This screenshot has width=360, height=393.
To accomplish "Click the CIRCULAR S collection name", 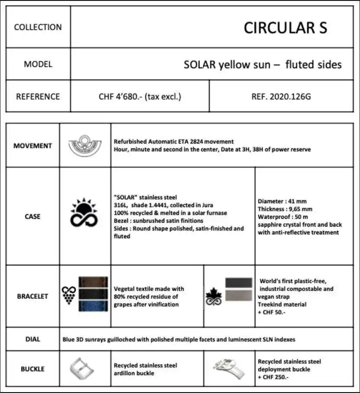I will [285, 28].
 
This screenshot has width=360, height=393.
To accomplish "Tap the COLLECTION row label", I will [38, 27].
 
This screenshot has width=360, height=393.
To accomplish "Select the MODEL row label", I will [38, 64].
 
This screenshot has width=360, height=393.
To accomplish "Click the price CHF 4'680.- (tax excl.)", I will [140, 96].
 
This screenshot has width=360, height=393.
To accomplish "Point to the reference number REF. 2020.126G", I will [281, 96].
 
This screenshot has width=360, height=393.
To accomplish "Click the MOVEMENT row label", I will [32, 146].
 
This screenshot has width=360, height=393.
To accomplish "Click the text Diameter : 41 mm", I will [282, 201].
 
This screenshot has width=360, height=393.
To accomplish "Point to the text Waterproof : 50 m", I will [283, 217].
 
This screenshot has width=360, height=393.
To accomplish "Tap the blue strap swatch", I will [93, 306].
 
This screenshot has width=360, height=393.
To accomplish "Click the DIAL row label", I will [32, 339].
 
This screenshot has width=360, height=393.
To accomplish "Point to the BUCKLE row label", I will [32, 369].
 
